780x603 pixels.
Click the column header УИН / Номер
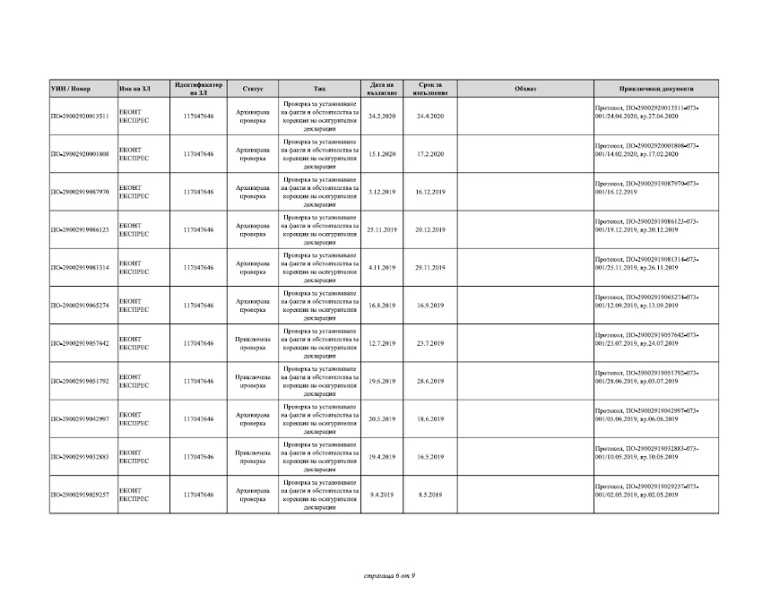pyautogui.click(x=72, y=89)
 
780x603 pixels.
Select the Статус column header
pyautogui.click(x=252, y=89)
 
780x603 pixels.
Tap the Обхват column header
pyautogui.click(x=526, y=89)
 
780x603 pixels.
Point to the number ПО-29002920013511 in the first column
pyautogui.click(x=81, y=116)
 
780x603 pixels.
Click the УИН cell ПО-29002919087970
pyautogui.click(x=81, y=192)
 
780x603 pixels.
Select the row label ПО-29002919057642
pyautogui.click(x=81, y=343)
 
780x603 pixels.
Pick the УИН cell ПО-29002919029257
pyautogui.click(x=81, y=495)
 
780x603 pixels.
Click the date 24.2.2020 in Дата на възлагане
pyautogui.click(x=382, y=116)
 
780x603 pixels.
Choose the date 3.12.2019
pyautogui.click(x=382, y=192)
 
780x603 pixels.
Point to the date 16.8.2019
pyautogui.click(x=382, y=306)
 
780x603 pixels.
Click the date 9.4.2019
pyautogui.click(x=382, y=495)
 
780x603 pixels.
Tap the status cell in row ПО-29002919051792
pyautogui.click(x=252, y=382)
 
